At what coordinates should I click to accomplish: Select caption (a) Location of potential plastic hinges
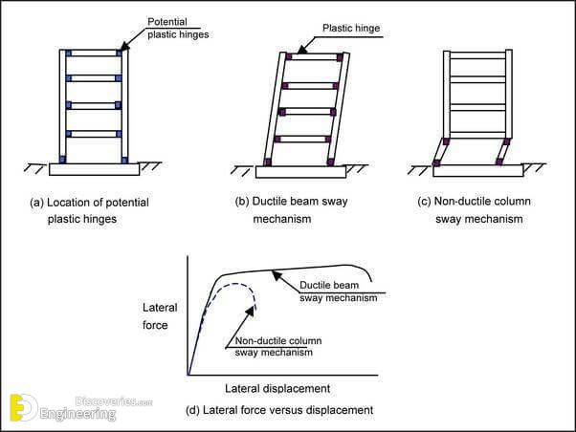click(91, 210)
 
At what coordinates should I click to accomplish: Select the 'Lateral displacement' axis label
click(277, 389)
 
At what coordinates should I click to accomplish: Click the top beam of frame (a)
click(93, 54)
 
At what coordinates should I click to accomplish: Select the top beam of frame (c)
click(476, 54)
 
